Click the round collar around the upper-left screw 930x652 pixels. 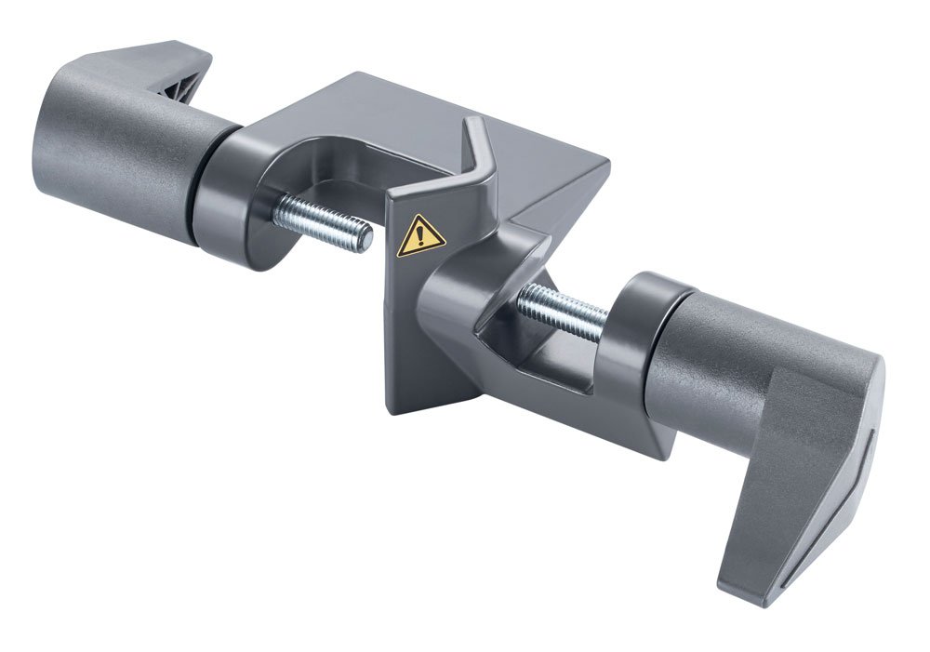coord(237,209)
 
